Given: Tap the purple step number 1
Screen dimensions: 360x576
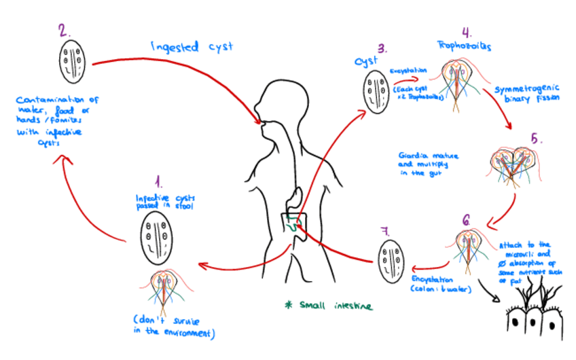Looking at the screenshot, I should (158, 181).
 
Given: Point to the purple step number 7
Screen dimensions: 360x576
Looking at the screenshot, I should (386, 231).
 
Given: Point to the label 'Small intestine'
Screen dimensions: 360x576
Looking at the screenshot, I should (329, 306).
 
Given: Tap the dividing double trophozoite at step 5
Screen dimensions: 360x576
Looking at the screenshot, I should (514, 162).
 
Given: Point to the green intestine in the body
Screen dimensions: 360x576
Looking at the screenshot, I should (293, 223).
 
